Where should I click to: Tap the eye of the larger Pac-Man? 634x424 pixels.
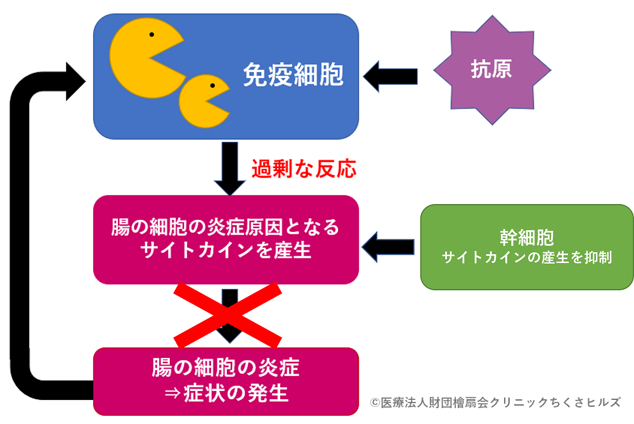[x=151, y=34]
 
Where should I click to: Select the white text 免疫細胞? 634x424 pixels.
[x=293, y=75]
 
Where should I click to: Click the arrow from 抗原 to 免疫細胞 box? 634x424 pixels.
[x=391, y=75]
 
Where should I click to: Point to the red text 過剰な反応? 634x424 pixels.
[x=304, y=169]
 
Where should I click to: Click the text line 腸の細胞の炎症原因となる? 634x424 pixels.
[x=226, y=228]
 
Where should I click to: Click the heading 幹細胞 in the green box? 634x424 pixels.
[x=526, y=237]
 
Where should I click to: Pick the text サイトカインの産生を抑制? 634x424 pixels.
[x=526, y=258]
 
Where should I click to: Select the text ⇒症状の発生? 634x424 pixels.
[x=226, y=393]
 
